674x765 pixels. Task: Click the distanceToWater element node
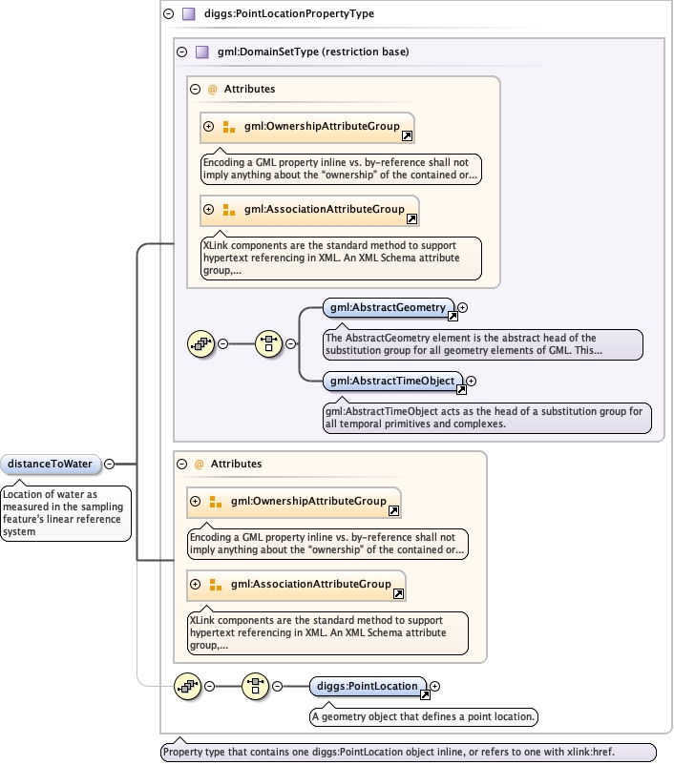click(51, 464)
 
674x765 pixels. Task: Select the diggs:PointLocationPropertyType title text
click(289, 13)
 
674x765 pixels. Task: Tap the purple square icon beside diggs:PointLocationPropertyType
click(188, 13)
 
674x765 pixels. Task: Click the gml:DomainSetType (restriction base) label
click(313, 52)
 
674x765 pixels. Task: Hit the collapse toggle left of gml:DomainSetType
click(181, 52)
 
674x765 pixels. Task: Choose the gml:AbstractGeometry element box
click(389, 308)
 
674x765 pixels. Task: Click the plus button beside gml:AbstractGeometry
click(462, 308)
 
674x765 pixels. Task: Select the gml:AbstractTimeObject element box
click(392, 381)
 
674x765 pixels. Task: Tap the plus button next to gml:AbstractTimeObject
click(471, 381)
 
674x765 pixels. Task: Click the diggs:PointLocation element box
click(368, 687)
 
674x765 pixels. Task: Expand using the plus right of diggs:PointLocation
click(434, 687)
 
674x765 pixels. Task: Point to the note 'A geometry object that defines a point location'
click(424, 716)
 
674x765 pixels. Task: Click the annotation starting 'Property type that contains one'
click(409, 752)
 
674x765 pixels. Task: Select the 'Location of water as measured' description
click(66, 513)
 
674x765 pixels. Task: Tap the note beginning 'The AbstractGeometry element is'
click(482, 344)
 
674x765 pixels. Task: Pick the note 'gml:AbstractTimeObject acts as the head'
click(487, 418)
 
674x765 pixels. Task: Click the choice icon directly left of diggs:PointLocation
click(256, 687)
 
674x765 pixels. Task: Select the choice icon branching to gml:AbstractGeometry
click(268, 344)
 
